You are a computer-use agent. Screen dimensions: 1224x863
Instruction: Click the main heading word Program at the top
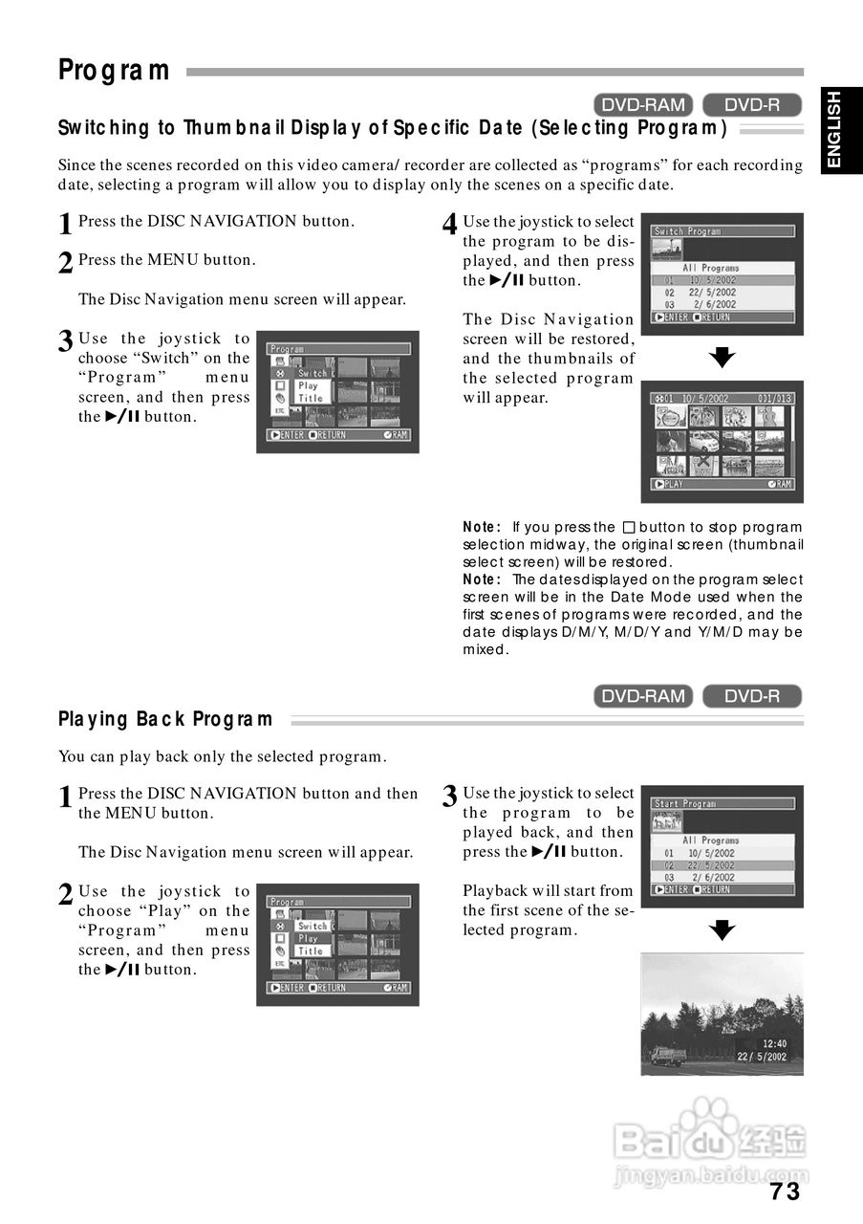[114, 70]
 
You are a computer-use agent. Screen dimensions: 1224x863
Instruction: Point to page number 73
[785, 1191]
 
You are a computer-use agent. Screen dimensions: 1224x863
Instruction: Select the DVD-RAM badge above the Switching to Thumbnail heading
[642, 105]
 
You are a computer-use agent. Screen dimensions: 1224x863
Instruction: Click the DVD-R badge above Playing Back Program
[752, 696]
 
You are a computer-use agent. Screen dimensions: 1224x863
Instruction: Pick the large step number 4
[449, 226]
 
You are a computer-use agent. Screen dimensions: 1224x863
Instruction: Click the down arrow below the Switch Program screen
[723, 359]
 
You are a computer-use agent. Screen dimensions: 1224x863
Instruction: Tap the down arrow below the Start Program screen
[723, 930]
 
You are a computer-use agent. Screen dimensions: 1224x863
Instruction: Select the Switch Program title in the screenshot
[687, 231]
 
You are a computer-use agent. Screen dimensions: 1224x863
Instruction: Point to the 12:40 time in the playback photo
[774, 1043]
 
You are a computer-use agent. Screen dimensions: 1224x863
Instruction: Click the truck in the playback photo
[667, 1056]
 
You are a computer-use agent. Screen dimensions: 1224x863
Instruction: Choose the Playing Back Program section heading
[165, 719]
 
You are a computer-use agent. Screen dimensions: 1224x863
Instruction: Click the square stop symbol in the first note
[628, 528]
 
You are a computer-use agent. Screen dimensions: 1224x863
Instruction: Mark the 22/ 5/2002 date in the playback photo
[762, 1057]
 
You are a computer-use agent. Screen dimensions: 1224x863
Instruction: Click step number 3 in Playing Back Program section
[449, 798]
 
